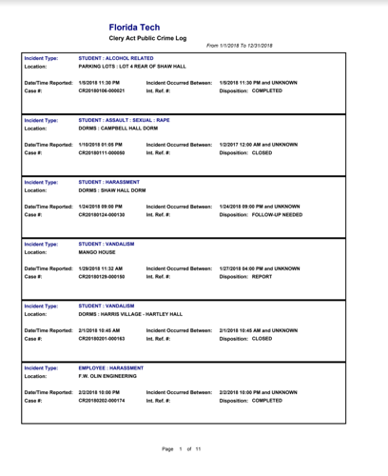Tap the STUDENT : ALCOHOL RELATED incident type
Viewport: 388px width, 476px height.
tap(115, 59)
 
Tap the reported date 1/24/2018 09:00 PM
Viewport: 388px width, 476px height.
tap(100, 206)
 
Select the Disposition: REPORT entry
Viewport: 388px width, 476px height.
tap(245, 276)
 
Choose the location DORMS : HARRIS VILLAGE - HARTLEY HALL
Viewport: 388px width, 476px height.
tap(131, 313)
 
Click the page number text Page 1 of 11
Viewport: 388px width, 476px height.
tap(180, 447)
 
